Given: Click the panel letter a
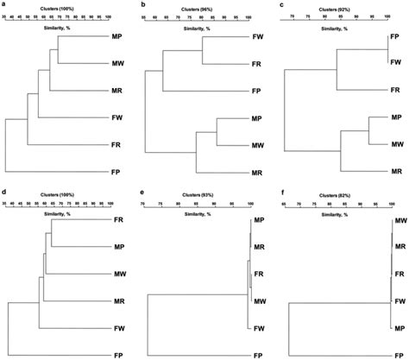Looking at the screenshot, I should pyautogui.click(x=4, y=4).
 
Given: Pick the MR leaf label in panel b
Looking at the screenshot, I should pyautogui.click(x=257, y=173).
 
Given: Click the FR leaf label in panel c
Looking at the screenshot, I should pyautogui.click(x=395, y=90).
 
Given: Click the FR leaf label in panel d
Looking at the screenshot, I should pyautogui.click(x=118, y=221).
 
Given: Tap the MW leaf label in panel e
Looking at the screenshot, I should pyautogui.click(x=257, y=301).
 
